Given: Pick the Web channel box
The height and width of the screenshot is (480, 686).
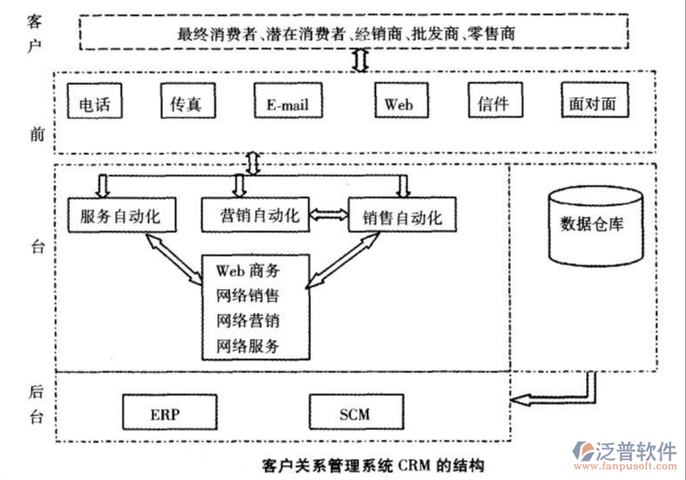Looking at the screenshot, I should tap(399, 103).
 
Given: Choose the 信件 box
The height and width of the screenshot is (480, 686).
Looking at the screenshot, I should tap(493, 103).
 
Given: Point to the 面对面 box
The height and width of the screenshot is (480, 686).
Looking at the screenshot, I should tap(592, 103).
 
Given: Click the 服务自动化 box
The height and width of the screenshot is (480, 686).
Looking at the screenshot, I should tap(120, 216).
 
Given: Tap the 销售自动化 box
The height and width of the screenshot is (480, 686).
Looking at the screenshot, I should tap(402, 216).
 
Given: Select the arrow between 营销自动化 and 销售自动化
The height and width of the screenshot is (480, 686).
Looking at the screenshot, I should tap(329, 215).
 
